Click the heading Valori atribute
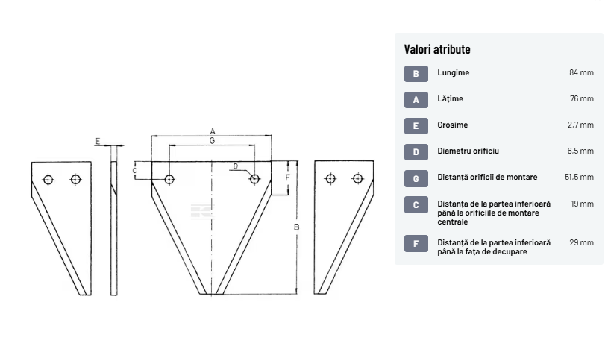tap(437, 49)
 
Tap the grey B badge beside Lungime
tap(416, 74)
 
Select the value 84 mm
tap(581, 72)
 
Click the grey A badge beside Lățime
tap(416, 100)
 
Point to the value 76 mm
tap(582, 98)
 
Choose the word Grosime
tap(453, 125)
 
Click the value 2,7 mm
tap(580, 125)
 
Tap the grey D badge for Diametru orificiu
tap(416, 152)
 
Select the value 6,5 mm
tap(580, 151)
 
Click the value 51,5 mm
tap(579, 177)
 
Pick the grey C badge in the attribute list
tap(416, 204)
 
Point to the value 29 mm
tap(581, 242)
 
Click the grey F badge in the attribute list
tap(416, 243)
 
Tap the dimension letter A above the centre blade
tap(213, 131)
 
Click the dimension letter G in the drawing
tap(212, 141)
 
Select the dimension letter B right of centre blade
tap(296, 227)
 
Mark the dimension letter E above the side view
tap(98, 141)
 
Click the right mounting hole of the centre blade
tap(254, 179)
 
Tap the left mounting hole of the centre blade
tap(169, 179)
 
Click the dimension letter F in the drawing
tap(287, 178)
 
